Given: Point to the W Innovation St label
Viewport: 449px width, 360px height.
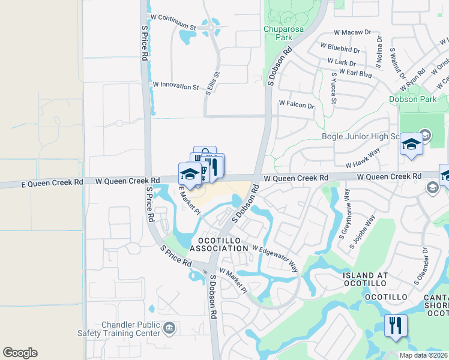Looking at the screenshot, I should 176,86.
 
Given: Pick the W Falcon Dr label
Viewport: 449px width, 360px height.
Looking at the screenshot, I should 297,105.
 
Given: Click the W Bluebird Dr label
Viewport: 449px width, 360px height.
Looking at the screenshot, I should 340,48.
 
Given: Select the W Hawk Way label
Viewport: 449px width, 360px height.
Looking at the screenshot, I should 363,159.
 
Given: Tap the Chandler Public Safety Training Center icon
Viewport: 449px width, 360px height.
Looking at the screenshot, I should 169,327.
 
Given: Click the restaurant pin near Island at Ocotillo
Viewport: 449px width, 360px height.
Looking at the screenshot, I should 396,326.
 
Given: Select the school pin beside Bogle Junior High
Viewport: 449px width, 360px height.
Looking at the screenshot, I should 411,145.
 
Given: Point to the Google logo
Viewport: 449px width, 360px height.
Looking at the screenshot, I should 20,353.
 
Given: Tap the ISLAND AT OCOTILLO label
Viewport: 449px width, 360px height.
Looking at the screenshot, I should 366,280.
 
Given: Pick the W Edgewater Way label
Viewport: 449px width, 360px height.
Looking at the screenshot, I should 275,256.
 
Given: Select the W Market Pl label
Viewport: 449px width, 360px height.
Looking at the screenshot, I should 233,280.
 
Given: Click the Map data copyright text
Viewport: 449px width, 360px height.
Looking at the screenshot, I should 423,355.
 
